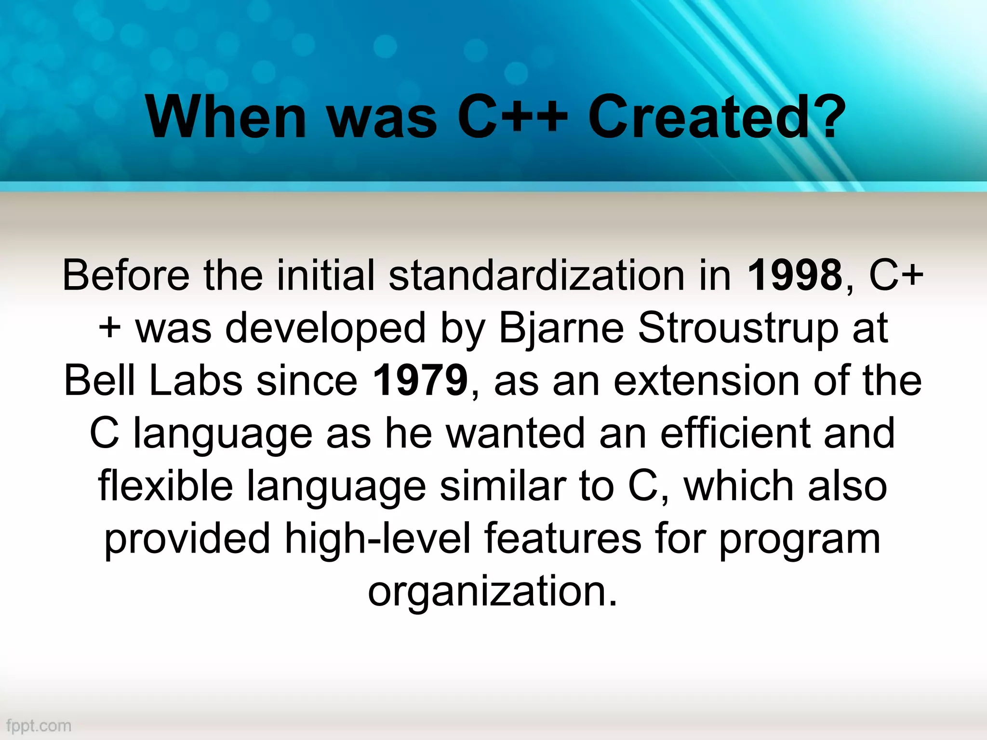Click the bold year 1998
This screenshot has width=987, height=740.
tap(794, 276)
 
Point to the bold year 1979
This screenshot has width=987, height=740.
tap(420, 381)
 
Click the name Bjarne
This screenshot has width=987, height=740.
tap(561, 329)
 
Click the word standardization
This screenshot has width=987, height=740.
tap(536, 276)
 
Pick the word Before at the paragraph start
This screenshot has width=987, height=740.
tap(126, 276)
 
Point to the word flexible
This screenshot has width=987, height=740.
tap(166, 486)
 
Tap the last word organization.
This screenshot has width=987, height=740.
tap(492, 592)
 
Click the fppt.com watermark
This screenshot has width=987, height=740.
tap(39, 726)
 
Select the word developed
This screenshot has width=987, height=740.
tap(325, 329)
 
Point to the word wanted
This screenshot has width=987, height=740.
tap(516, 433)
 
